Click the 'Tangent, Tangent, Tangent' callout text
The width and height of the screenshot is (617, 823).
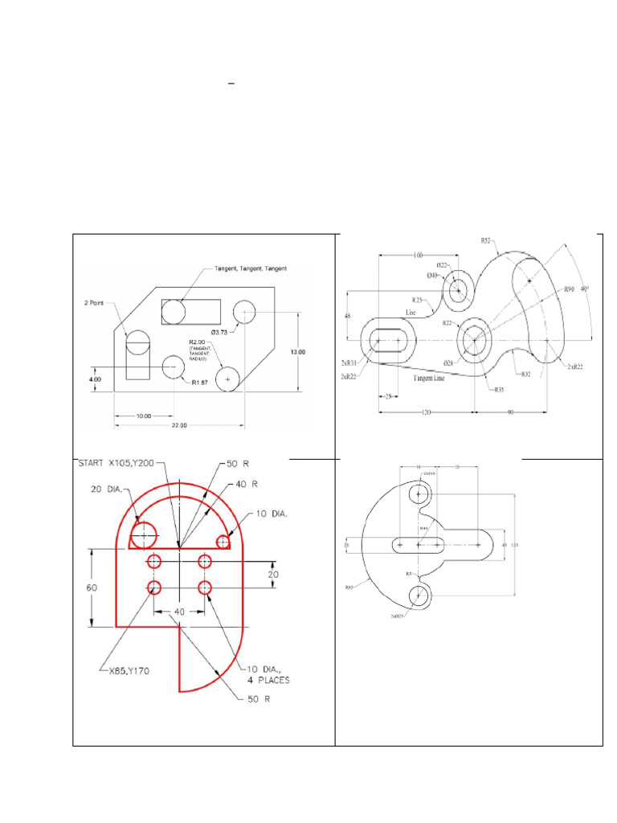[251, 268]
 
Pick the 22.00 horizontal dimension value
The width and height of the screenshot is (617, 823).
[178, 426]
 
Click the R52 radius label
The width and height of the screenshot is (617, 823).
[486, 240]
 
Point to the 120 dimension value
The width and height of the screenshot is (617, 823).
[425, 411]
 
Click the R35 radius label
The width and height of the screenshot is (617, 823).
[499, 389]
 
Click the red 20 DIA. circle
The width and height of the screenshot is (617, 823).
[144, 534]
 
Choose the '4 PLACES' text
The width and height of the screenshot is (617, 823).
[268, 680]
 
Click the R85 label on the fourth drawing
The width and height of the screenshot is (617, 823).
[350, 588]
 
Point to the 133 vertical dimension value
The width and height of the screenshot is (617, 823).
[515, 545]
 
